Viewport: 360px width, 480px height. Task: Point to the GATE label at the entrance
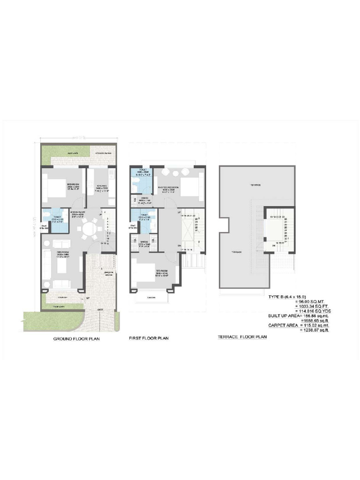[100, 310]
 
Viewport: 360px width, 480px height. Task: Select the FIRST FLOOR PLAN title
[149, 338]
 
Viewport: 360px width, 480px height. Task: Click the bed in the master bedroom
[190, 187]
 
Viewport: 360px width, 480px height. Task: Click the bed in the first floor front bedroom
[145, 272]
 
